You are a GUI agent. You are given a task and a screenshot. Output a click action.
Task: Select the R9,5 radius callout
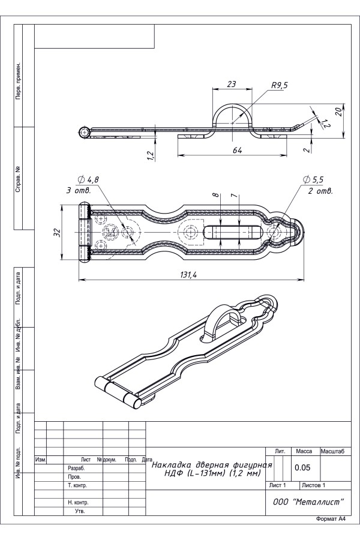[279, 85]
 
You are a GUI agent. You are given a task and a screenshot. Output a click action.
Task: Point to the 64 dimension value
[237, 150]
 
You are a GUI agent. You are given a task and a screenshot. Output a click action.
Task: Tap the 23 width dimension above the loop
[232, 83]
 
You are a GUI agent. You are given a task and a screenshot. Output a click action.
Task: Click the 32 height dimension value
[58, 232]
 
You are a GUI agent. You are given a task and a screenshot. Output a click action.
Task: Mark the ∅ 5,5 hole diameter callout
[313, 179]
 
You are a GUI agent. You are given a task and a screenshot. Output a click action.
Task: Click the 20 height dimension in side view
[338, 112]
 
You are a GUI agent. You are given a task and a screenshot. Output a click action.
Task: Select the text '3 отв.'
[79, 190]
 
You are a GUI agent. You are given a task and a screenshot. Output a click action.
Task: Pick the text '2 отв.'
[320, 191]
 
